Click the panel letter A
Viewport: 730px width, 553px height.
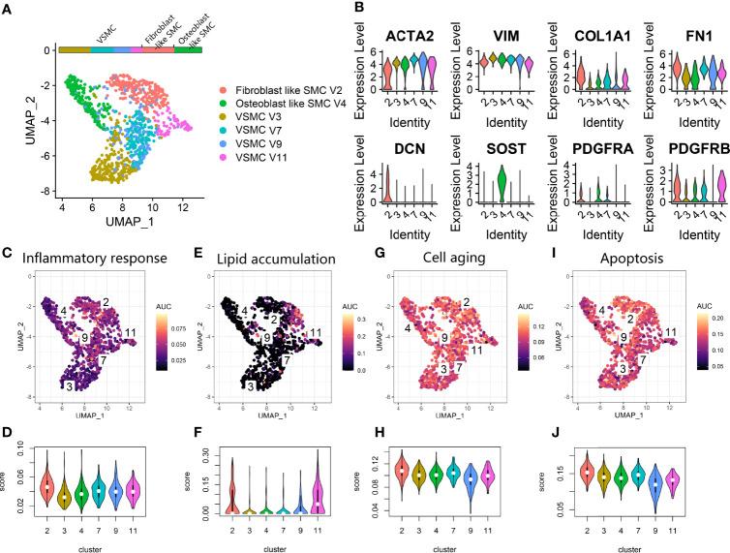8,9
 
